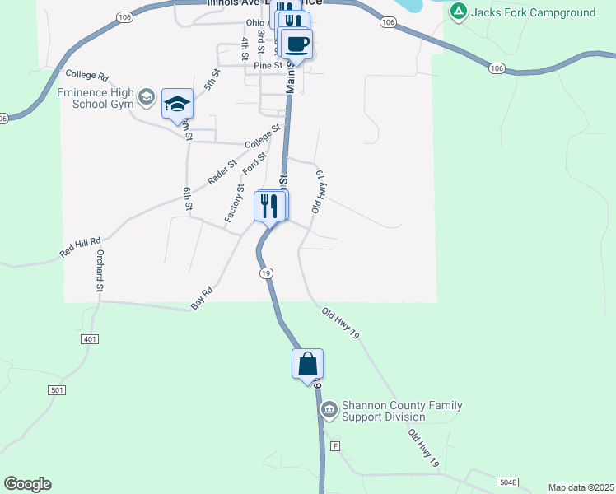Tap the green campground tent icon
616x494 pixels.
(459, 12)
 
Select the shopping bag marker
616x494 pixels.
(307, 364)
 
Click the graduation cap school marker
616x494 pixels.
(177, 104)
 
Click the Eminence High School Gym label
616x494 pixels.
(94, 99)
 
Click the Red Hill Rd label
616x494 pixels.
(80, 245)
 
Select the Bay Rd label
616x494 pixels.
(202, 298)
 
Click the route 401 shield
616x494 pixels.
(91, 339)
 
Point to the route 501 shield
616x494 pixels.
(57, 389)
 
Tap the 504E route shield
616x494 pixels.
(509, 482)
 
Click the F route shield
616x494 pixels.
(335, 445)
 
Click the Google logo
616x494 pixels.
(27, 484)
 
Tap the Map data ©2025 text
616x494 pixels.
(581, 487)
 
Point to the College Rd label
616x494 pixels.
(86, 75)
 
